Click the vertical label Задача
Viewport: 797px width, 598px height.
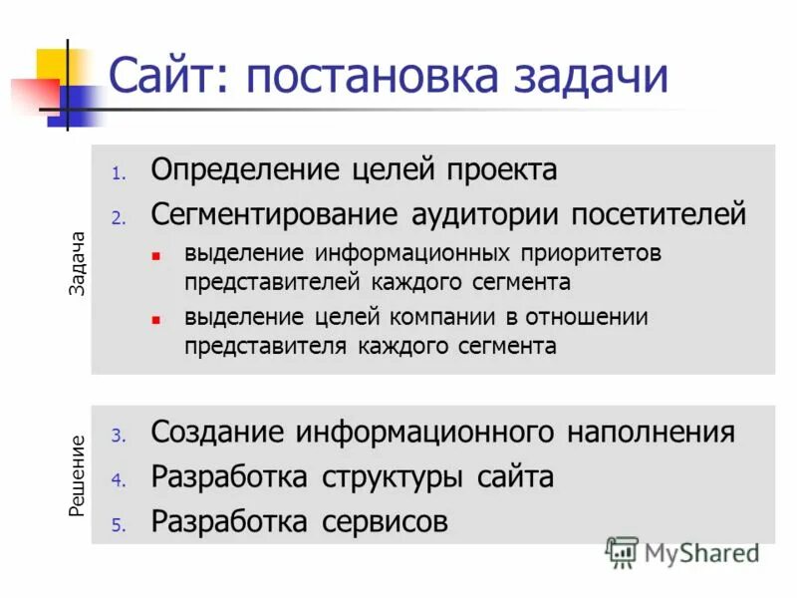pyautogui.click(x=78, y=263)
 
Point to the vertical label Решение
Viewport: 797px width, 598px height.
pyautogui.click(x=78, y=475)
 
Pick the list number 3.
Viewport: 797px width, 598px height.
pyautogui.click(x=117, y=437)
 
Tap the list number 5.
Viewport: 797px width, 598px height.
pyautogui.click(x=117, y=524)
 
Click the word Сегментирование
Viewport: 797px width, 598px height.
pyautogui.click(x=275, y=213)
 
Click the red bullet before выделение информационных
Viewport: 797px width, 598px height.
pyautogui.click(x=155, y=255)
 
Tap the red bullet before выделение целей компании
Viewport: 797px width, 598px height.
pyautogui.click(x=155, y=320)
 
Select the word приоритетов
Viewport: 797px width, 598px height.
pyautogui.click(x=588, y=253)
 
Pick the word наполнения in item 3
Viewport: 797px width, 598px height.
pyautogui.click(x=652, y=433)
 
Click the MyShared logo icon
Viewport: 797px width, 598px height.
pyautogui.click(x=622, y=551)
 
